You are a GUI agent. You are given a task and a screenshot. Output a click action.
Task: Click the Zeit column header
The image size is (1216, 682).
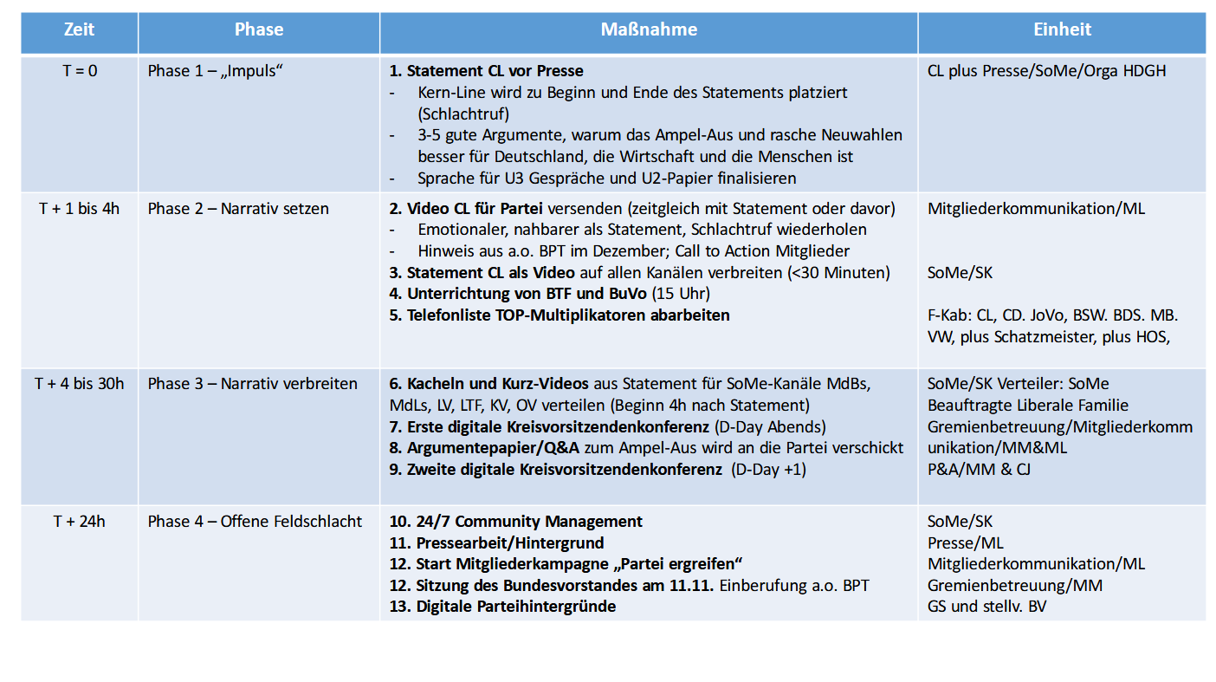pos(80,30)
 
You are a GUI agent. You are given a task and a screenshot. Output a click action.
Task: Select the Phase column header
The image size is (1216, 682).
pos(259,30)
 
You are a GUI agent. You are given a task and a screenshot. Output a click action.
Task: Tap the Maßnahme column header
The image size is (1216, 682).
pos(649,30)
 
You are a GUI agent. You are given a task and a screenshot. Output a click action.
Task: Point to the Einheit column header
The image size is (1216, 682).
pos(1062,30)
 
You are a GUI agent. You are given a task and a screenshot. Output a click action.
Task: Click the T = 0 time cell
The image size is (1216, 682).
pos(80,71)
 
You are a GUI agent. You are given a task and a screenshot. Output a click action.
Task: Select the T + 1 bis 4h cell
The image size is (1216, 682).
pos(80,209)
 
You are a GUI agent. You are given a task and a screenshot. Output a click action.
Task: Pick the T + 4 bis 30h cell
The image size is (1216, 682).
pos(80,383)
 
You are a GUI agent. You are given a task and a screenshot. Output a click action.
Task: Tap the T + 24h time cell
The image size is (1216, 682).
pos(80,522)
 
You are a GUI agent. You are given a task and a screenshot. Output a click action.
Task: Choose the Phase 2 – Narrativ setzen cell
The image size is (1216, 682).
pos(238,209)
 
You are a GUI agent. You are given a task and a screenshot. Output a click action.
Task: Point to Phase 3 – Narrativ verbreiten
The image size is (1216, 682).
pos(252,383)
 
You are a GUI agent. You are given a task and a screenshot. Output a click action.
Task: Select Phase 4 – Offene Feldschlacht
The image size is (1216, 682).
pos(255,522)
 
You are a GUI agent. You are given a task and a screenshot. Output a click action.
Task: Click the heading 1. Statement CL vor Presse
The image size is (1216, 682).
pos(487,71)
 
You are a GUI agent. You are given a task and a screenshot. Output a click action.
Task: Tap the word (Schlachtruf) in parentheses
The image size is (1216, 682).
pos(463,114)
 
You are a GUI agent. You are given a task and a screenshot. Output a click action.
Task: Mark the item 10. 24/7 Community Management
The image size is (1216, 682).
pos(516,522)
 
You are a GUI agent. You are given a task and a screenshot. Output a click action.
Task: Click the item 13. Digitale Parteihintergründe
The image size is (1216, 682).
pos(503,607)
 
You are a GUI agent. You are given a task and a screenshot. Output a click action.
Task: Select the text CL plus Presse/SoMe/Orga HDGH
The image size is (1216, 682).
pos(1046,71)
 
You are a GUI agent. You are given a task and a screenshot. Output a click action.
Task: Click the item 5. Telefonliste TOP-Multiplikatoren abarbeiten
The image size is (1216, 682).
pos(559,315)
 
